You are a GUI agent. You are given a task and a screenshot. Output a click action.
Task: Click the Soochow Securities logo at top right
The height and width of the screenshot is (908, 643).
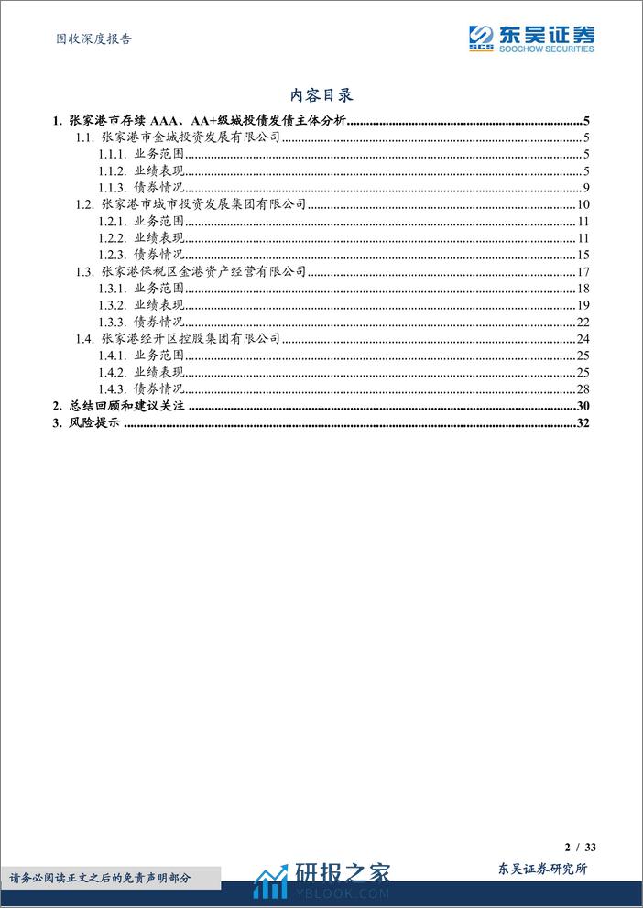[530, 38]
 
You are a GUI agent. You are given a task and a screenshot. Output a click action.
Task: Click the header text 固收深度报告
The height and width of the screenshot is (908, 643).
[88, 38]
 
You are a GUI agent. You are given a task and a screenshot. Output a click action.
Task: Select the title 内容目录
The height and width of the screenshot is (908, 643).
[321, 94]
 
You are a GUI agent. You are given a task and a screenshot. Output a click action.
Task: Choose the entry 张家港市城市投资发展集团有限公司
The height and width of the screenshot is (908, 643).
[203, 204]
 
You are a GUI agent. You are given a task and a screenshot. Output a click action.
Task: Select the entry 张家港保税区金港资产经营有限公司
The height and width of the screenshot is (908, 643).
[203, 272]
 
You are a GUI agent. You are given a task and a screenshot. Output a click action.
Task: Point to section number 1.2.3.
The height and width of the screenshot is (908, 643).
[113, 255]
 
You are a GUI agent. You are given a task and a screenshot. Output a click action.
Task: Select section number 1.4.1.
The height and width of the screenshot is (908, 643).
[113, 356]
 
